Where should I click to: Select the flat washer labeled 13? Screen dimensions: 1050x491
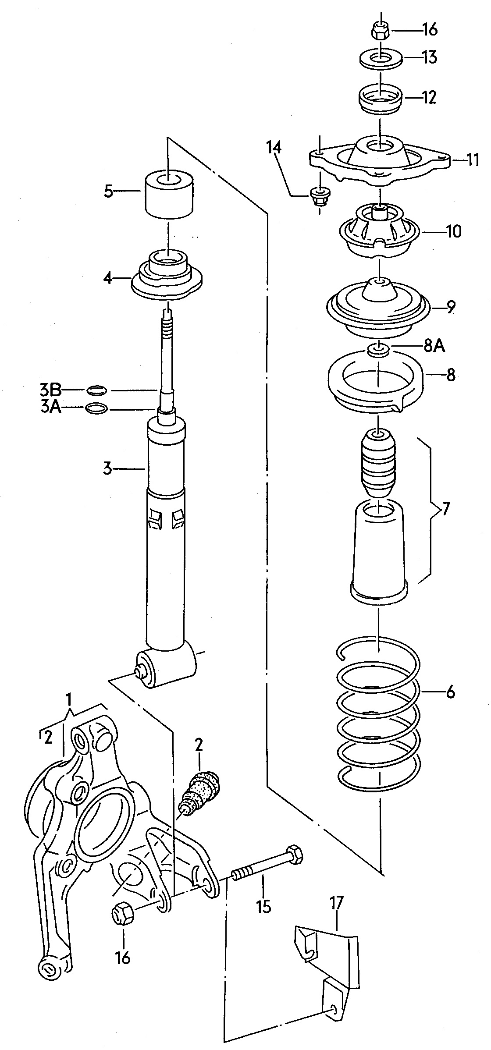tap(381, 59)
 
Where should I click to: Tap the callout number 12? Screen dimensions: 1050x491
tap(430, 97)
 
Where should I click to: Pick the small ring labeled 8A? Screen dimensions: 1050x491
tap(378, 350)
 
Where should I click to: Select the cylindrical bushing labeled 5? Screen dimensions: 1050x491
tap(169, 194)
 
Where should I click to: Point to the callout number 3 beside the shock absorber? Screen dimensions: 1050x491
tap(108, 469)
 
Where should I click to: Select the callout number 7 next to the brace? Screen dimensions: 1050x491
tap(445, 510)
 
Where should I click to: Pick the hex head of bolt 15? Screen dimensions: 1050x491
tap(292, 853)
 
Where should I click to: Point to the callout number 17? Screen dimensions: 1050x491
tap(337, 902)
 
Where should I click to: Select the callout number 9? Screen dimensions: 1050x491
tap(451, 308)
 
